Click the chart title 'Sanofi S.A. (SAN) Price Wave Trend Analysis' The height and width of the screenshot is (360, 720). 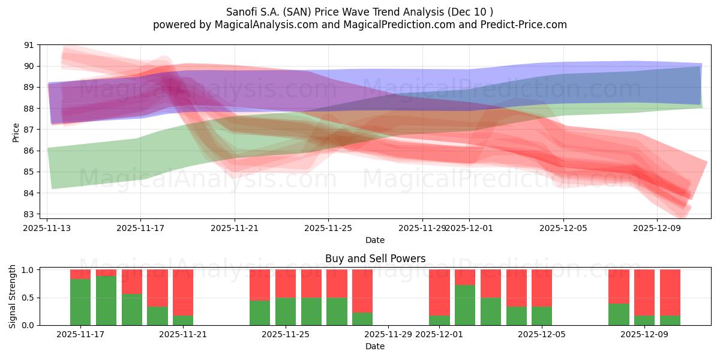click(x=360, y=11)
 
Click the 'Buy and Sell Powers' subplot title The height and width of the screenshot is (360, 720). click(x=375, y=259)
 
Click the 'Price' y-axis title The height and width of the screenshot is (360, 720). click(x=16, y=133)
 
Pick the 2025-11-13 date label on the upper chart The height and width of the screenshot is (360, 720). click(x=47, y=228)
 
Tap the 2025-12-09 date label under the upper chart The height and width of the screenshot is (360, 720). click(x=656, y=228)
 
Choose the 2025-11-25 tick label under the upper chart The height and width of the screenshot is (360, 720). click(x=328, y=228)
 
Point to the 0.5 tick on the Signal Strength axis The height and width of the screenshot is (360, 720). click(x=28, y=298)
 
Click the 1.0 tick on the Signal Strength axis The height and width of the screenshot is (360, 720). click(x=28, y=270)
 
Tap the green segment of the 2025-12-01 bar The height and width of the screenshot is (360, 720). click(x=439, y=320)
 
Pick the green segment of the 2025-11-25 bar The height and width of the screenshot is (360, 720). click(x=286, y=311)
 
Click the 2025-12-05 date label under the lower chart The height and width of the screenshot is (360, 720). click(x=542, y=335)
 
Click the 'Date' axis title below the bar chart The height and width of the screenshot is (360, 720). click(x=375, y=346)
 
